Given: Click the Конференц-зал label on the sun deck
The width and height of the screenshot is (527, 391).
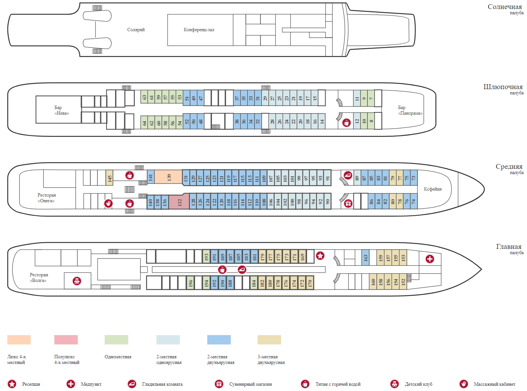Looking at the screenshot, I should tap(199, 30).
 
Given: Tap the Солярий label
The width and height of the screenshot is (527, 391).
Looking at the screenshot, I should tap(136, 30).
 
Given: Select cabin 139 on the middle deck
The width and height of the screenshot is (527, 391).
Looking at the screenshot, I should tap(168, 177).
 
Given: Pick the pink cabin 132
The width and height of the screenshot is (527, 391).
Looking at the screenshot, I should tap(179, 202).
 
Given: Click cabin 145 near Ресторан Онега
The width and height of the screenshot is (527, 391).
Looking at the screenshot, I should tap(110, 178).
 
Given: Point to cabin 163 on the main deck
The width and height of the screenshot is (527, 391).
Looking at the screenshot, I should tap(365, 258).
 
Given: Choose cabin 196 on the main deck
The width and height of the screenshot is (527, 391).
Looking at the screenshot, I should tap(190, 283).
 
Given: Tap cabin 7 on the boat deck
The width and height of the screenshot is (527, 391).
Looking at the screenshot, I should tap(371, 99).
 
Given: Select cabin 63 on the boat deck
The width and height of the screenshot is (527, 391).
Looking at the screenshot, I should tap(144, 97).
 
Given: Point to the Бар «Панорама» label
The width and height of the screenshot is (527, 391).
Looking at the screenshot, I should tap(410, 110).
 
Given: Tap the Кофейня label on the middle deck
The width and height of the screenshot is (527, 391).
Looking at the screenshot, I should tap(433, 189).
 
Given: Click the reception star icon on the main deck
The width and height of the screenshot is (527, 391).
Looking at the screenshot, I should tap(320, 256).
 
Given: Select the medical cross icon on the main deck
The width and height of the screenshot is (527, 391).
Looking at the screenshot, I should tap(430, 259).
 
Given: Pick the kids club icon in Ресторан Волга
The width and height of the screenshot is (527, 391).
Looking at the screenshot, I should tap(77, 281).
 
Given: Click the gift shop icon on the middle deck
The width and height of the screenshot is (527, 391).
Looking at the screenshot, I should tap(348, 203).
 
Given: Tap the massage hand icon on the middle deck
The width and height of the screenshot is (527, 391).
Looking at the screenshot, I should tap(108, 203).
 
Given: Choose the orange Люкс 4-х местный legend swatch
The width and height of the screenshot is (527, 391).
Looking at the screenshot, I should tap(19, 339).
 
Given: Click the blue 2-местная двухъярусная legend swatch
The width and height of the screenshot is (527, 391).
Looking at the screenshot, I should tap(219, 339).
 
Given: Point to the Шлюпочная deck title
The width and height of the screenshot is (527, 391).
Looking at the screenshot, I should tap(503, 87).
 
